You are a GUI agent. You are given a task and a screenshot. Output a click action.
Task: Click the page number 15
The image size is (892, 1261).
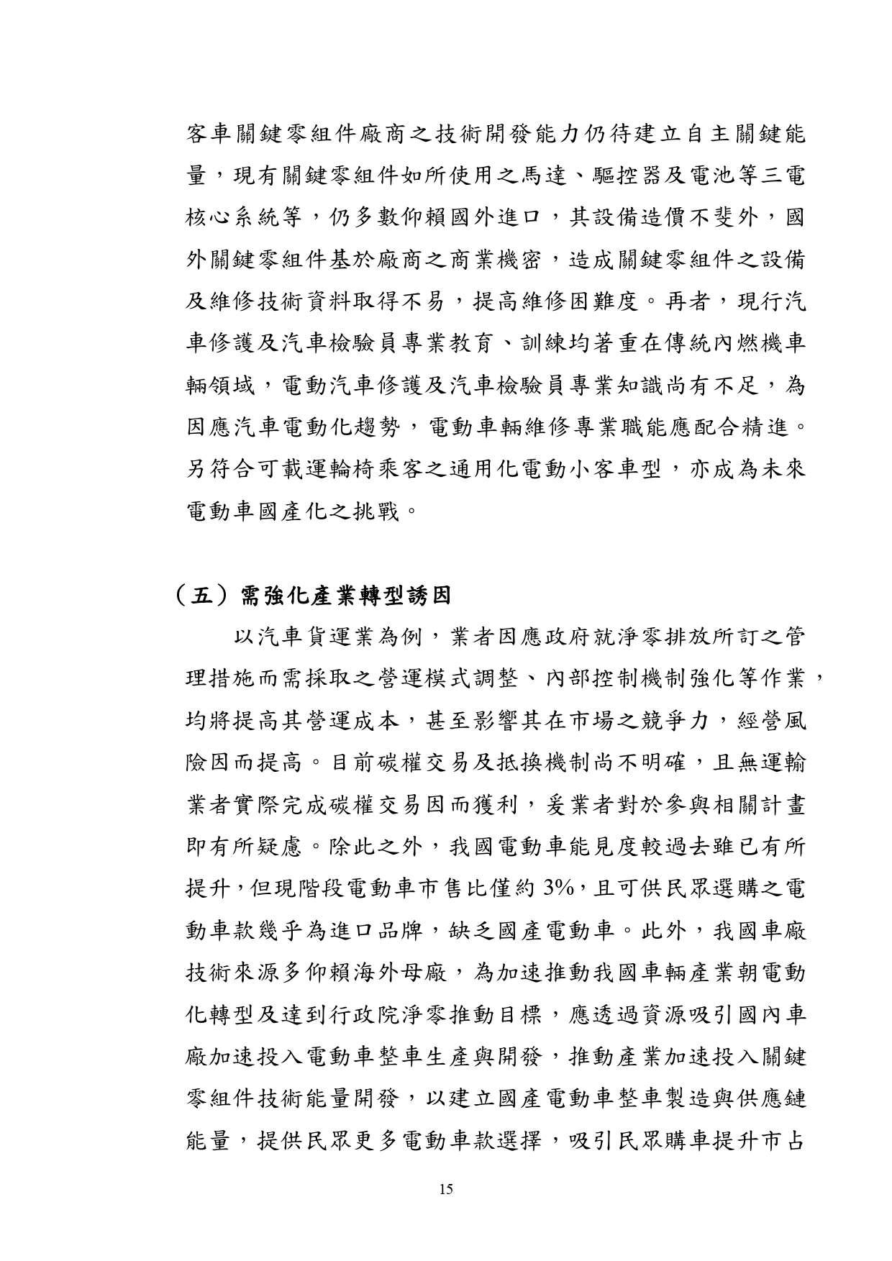click(x=445, y=1189)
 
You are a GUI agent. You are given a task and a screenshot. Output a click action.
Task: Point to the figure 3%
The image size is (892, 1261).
click(x=558, y=888)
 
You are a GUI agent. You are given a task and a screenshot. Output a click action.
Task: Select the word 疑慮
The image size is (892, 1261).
click(x=281, y=846)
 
